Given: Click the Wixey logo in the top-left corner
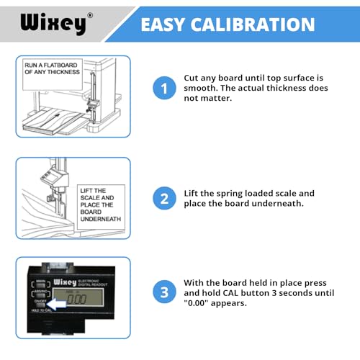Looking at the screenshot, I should click(53, 23).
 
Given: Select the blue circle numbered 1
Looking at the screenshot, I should click(163, 89).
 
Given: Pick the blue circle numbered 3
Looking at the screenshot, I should click(163, 292).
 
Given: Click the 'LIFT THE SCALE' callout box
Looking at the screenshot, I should click(100, 204).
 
